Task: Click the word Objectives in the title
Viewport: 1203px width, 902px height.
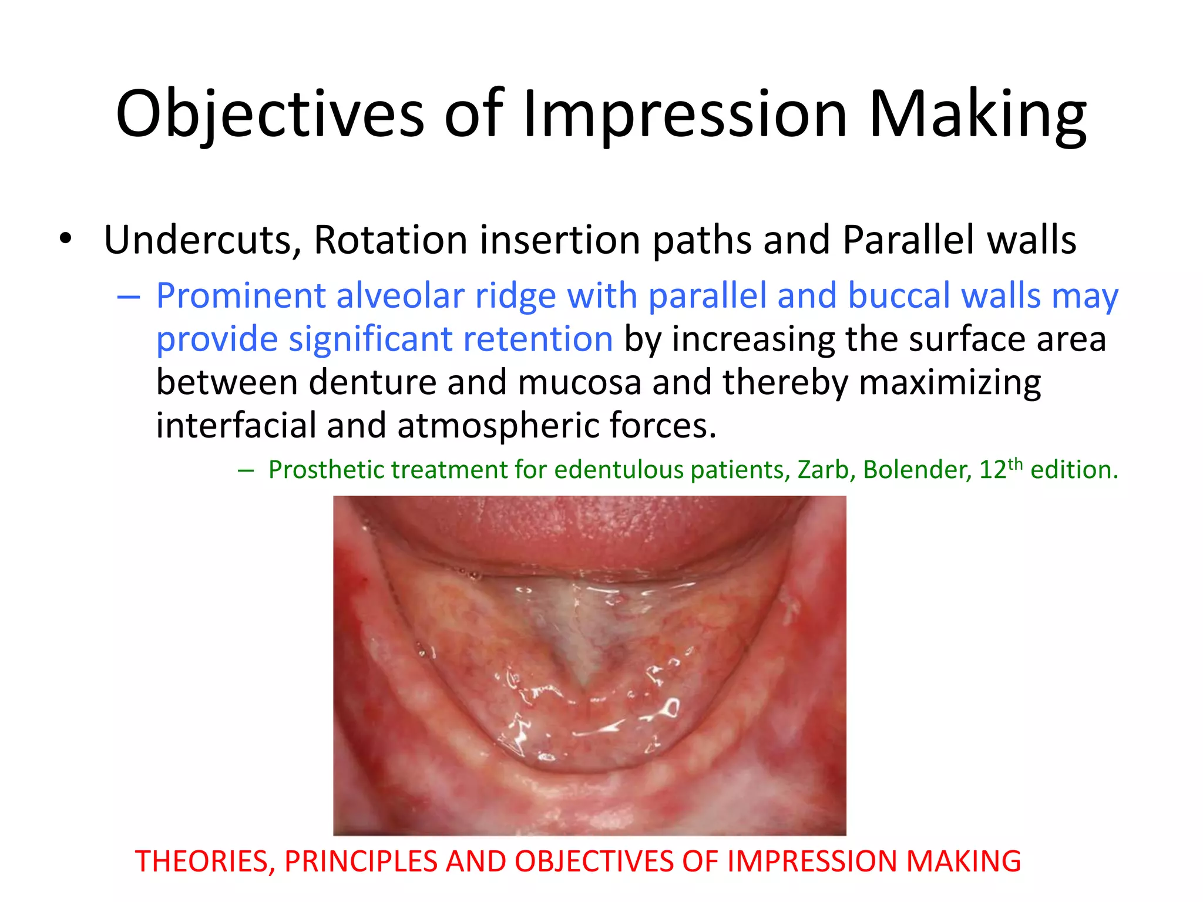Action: [270, 115]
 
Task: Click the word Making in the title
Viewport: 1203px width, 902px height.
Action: [977, 115]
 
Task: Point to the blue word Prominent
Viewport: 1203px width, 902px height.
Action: [240, 296]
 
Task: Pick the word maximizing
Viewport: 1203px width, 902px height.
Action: [950, 383]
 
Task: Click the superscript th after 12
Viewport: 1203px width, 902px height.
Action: [1015, 464]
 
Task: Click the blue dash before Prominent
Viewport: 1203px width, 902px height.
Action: [128, 298]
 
